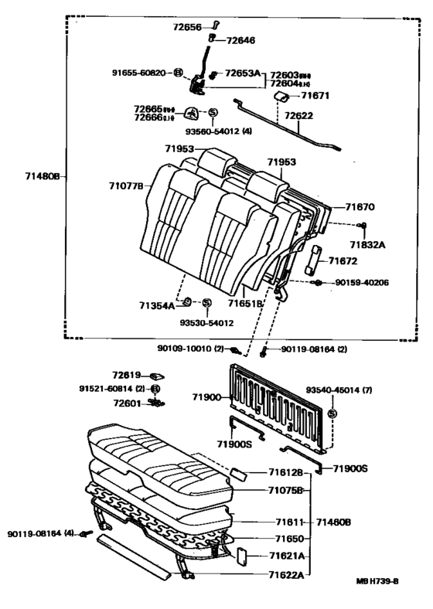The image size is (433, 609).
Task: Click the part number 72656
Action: tap(186, 27)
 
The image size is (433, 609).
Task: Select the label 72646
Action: tap(239, 39)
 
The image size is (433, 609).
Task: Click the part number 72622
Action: tap(299, 117)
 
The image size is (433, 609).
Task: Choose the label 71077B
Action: tap(126, 185)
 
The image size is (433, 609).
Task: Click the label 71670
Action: tap(360, 207)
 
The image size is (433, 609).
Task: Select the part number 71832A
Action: tap(367, 244)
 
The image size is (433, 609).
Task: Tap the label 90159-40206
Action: tap(362, 283)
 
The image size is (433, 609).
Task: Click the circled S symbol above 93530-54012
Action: tap(206, 303)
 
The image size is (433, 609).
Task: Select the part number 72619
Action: tap(126, 374)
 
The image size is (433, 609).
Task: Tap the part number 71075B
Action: tap(286, 490)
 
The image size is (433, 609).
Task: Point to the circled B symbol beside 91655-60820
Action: tap(178, 72)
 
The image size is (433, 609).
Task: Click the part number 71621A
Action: tap(286, 556)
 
